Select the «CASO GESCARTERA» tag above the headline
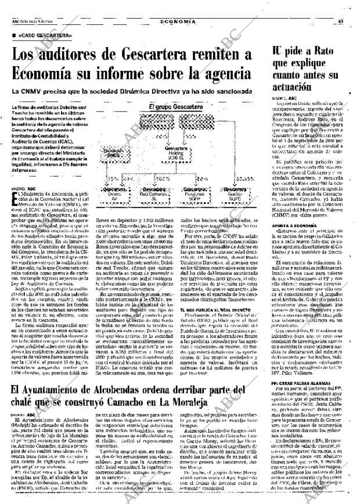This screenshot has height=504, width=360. [x=53, y=37]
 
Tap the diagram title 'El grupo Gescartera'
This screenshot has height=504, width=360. [x=177, y=108]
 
